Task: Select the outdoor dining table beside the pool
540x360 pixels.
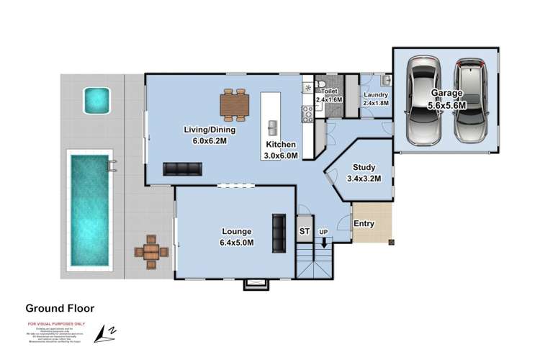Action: coord(151,252)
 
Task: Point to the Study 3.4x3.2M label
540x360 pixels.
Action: coord(364,174)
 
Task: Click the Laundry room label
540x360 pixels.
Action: coord(376,99)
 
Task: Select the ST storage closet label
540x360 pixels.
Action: coord(305,231)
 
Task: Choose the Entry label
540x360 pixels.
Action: coord(364,224)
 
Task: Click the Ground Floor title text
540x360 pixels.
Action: coord(60,307)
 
